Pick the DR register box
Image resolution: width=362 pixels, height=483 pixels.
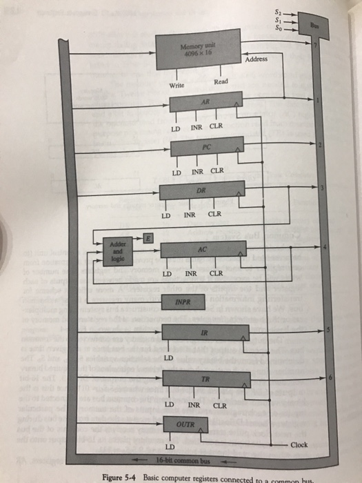coord(202,190)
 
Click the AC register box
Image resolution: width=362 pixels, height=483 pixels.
coord(202,250)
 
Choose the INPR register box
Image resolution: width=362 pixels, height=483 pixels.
coord(183,301)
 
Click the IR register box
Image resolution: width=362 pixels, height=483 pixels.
coord(205,334)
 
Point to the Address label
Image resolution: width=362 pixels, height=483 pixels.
coord(259,60)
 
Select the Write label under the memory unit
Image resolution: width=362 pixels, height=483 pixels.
coord(178,86)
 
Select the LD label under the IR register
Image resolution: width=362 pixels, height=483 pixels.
coord(168,359)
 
